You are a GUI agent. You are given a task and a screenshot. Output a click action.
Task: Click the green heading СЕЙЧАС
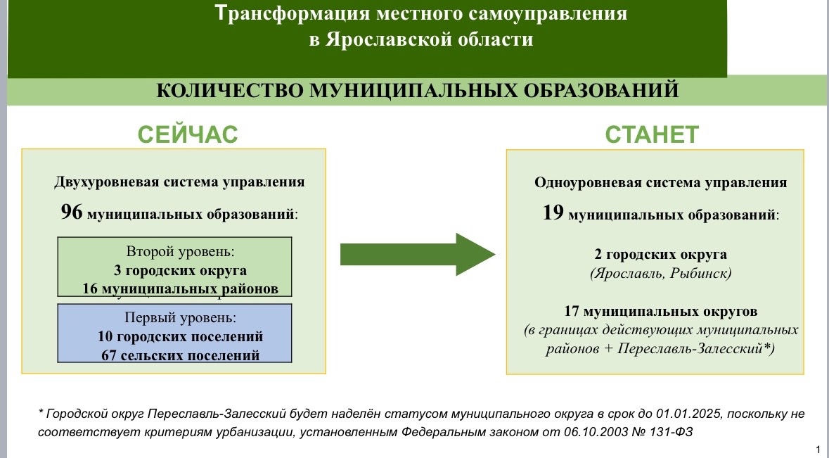[188, 135]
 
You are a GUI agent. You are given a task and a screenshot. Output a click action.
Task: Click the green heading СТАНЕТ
[652, 135]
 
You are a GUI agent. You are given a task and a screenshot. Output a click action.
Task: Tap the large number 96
[72, 212]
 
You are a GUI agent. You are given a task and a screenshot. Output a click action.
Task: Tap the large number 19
[553, 212]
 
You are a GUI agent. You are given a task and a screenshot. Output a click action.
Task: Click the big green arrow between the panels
[418, 255]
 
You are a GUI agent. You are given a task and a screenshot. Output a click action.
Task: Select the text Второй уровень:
[180, 251]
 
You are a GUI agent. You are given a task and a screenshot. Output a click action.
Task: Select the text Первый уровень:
[180, 317]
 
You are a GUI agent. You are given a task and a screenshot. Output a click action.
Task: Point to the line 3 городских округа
[180, 270]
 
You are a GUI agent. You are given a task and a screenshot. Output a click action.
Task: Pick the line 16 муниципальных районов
[180, 288]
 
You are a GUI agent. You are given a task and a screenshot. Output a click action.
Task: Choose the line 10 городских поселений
[180, 336]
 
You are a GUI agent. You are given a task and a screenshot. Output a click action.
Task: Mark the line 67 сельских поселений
[180, 355]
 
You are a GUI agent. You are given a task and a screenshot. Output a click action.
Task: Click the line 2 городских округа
[660, 255]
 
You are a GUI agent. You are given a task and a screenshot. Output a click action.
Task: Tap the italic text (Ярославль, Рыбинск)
[661, 274]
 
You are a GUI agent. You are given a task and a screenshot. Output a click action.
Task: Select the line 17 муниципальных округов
[660, 311]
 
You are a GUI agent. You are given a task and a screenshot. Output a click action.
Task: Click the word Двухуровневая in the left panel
[106, 182]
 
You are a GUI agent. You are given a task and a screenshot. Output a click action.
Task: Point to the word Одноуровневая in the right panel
[587, 182]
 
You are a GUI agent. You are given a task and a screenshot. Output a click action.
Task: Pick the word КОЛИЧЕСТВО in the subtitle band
[229, 91]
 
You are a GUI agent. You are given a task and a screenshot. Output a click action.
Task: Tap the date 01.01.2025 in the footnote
[688, 414]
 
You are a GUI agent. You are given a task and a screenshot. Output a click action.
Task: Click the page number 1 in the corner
[818, 450]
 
